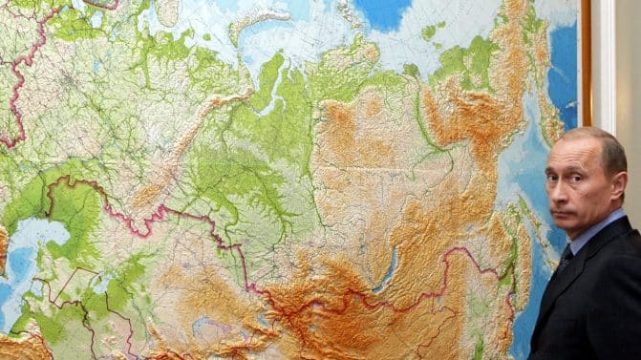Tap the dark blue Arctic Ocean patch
click(x=382, y=11)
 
